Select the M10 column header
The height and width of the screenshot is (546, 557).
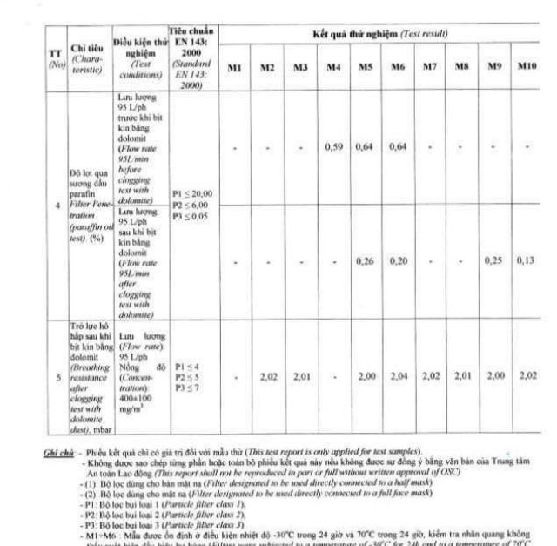527,67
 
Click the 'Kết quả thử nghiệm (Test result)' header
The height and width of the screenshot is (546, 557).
380,34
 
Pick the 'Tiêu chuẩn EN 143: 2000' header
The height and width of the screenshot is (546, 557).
193,54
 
